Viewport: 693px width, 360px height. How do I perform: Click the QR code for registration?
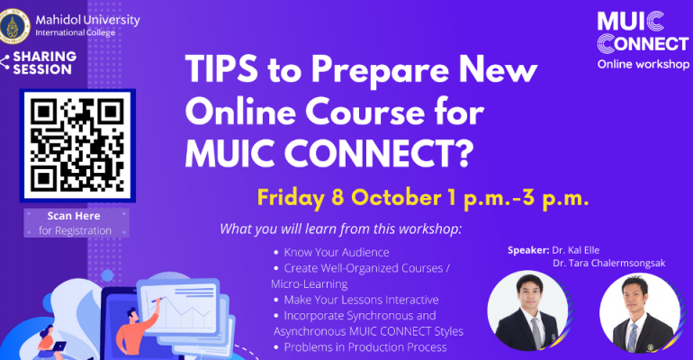point(77,145)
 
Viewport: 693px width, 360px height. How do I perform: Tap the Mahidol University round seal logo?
point(13,26)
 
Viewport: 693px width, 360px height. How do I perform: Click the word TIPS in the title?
point(221,70)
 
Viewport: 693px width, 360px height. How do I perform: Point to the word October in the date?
point(396,197)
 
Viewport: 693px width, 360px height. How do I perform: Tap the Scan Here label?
point(74,216)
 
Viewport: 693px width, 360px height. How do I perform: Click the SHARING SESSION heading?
point(45,63)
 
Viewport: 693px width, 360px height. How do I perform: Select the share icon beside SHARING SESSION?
point(4,62)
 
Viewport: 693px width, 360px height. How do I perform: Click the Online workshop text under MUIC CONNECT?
point(643,65)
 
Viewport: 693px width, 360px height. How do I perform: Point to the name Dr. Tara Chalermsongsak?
point(609,264)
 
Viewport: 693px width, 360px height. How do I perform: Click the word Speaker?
point(528,250)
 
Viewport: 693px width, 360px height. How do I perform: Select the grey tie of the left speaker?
point(536,333)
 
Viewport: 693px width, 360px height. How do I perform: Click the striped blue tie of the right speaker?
point(633,337)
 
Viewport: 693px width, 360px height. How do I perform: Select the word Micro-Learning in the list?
point(310,284)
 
